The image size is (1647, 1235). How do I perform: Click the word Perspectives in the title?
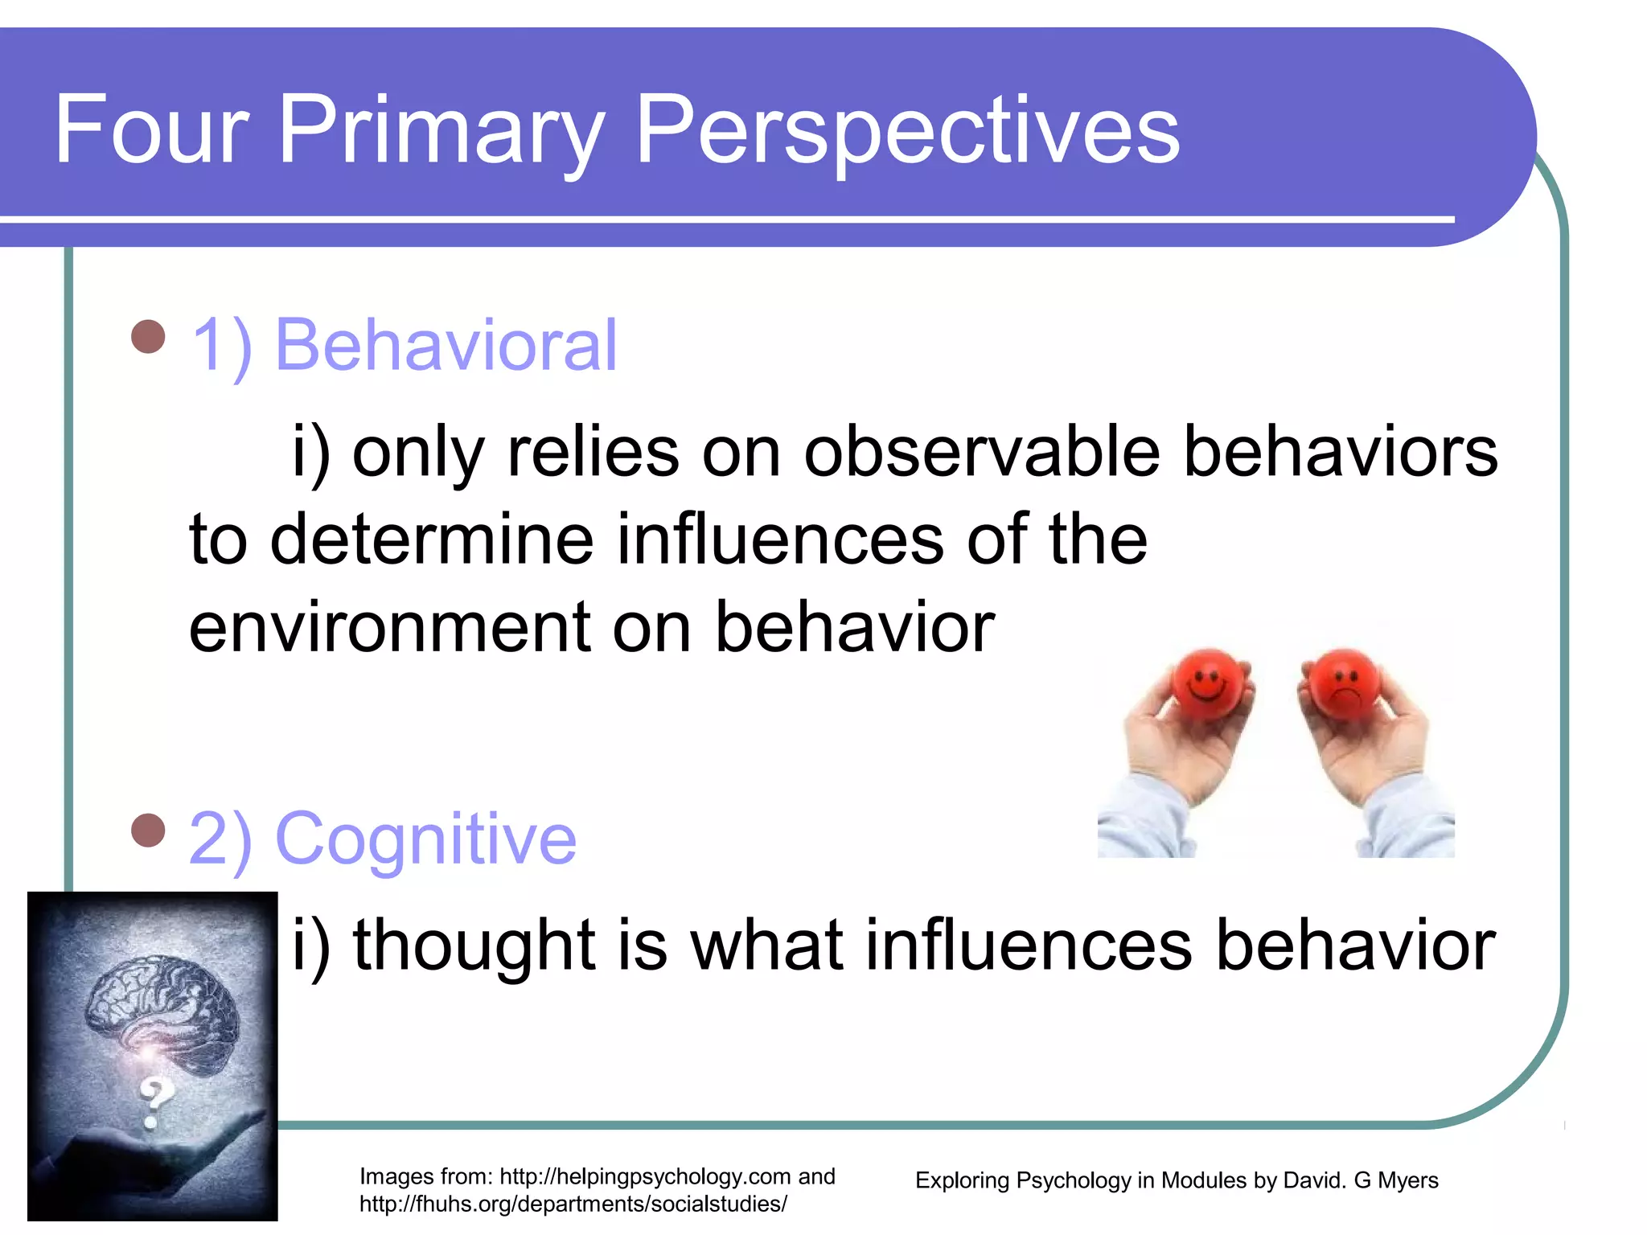click(907, 130)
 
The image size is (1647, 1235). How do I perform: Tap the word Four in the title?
click(151, 130)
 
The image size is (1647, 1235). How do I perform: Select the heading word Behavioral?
click(446, 346)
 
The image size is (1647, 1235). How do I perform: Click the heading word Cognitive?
click(425, 839)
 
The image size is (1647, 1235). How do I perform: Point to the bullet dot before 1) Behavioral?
click(148, 337)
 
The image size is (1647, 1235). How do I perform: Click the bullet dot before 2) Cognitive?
click(148, 831)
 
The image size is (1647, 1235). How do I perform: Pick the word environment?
click(390, 627)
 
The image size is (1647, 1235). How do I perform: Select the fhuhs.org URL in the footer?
click(573, 1204)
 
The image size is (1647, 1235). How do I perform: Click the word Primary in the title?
click(441, 130)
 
